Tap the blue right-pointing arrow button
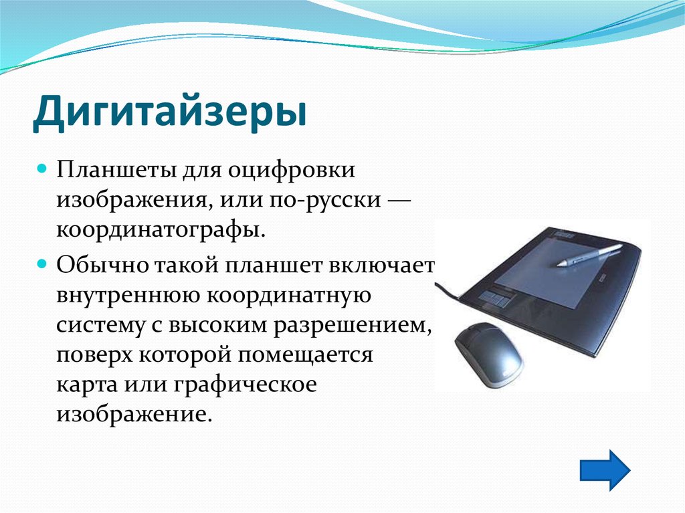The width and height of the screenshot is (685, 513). [x=605, y=470]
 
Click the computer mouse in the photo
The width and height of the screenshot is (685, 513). [x=488, y=354]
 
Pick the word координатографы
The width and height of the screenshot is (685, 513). [x=161, y=231]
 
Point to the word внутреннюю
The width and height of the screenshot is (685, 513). [x=128, y=296]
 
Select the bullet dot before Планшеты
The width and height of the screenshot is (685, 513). [x=42, y=169]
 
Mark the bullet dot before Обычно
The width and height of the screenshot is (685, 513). [x=42, y=264]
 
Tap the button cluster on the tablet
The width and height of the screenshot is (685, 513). [x=496, y=296]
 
